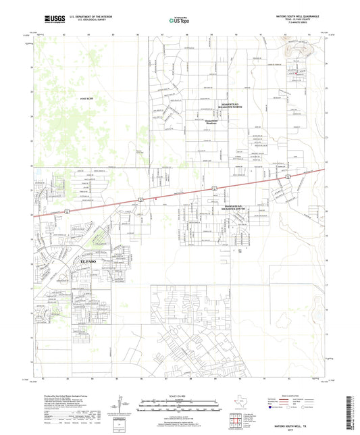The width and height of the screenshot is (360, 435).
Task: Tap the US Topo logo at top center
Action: (x=176, y=21)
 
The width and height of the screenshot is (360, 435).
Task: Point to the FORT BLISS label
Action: (x=86, y=99)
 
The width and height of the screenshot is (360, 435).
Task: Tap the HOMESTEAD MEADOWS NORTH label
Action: (x=212, y=106)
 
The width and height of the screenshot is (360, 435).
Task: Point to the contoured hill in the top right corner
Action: (x=299, y=49)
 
